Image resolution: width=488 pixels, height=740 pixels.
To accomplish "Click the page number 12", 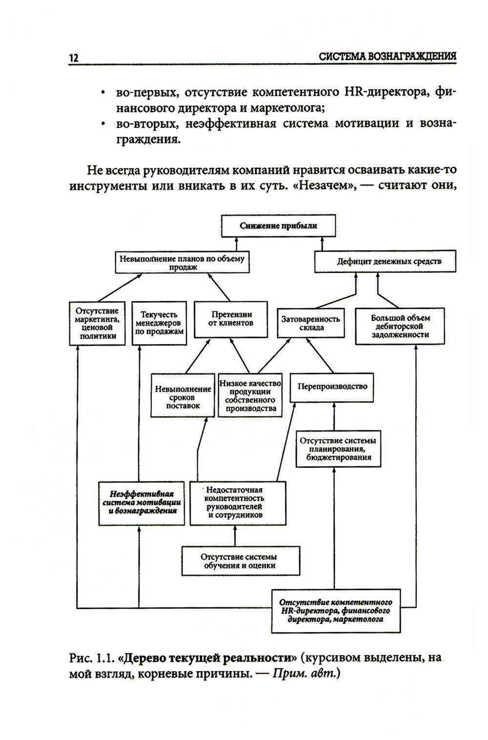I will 74,58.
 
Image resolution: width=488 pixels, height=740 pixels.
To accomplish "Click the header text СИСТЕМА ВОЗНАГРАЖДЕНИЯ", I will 387,57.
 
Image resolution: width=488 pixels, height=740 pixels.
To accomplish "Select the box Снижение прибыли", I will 279,226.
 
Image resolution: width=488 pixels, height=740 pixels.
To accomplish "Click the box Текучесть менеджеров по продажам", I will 159,323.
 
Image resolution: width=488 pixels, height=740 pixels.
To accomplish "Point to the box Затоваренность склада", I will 310,323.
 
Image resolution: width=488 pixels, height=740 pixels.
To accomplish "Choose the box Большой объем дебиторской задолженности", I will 400,326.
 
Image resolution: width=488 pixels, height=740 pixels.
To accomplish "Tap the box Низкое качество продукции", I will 250,395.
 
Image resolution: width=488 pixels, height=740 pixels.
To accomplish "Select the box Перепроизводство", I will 332,387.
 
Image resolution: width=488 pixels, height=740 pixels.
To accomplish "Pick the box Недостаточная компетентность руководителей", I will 237,503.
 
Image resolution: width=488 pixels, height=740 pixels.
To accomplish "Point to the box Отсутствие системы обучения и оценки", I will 241,561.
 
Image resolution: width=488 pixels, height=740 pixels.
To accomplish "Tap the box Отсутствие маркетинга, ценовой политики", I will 97,323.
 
